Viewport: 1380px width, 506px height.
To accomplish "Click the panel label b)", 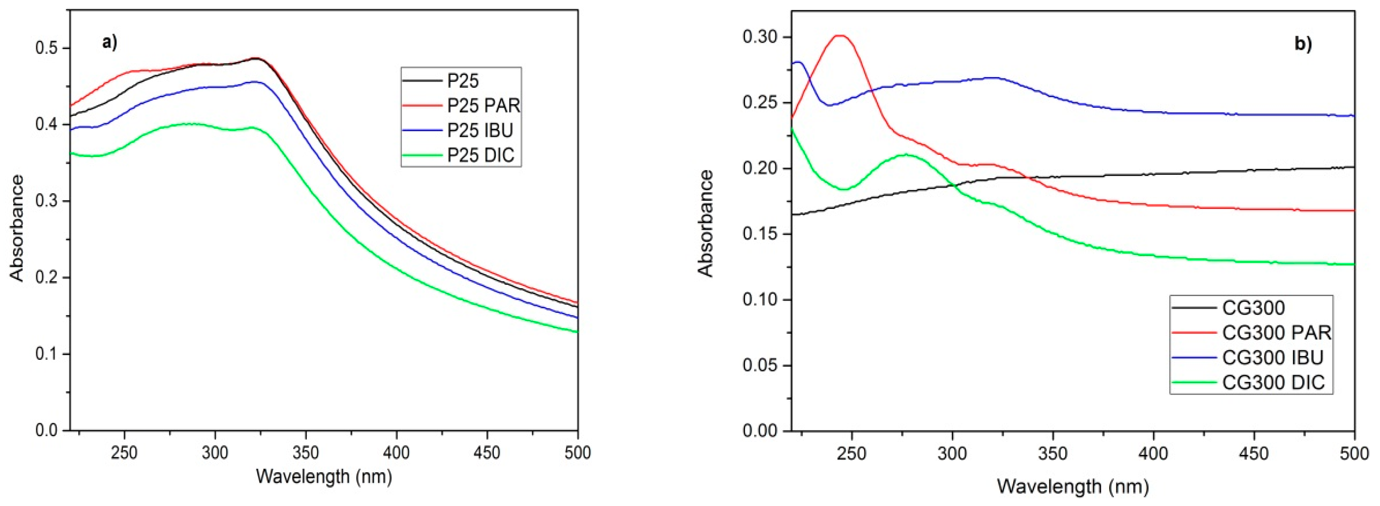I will coord(1303,44).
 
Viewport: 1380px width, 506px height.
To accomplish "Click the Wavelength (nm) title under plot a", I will coord(324,476).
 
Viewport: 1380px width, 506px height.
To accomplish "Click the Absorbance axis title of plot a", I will coord(17,228).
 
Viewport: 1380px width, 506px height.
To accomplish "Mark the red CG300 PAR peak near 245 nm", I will coord(839,36).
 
